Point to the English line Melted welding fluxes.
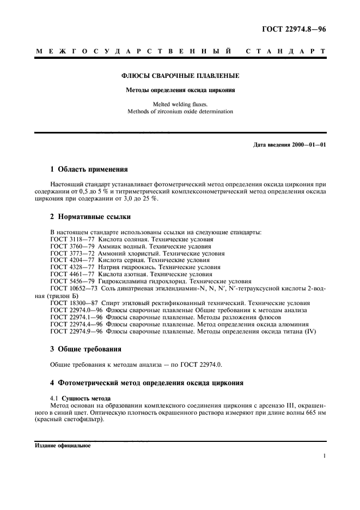180,104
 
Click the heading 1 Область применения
89,170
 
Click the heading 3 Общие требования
86,349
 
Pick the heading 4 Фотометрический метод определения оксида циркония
147,383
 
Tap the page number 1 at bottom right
324,458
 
